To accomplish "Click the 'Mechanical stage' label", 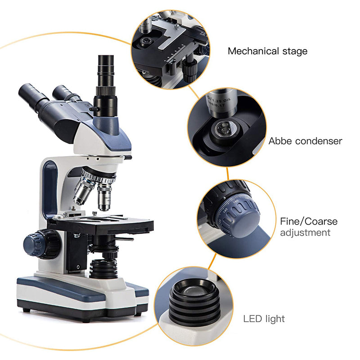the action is (x=267, y=51).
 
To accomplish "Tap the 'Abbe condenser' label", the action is (x=306, y=141).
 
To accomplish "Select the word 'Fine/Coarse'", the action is (x=309, y=221).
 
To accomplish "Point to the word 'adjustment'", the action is (x=305, y=233).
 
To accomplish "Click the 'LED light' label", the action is (x=264, y=319).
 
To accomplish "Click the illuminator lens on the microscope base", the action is (x=103, y=269).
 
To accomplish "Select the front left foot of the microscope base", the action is (x=27, y=310).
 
